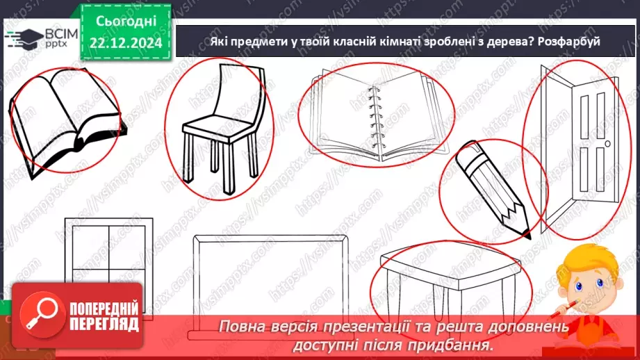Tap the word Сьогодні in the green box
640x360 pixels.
coord(126,22)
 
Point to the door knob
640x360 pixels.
coord(607,144)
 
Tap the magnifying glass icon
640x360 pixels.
coord(42,316)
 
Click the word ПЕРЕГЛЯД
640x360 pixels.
coord(104,326)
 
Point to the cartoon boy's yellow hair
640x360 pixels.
coord(592,261)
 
